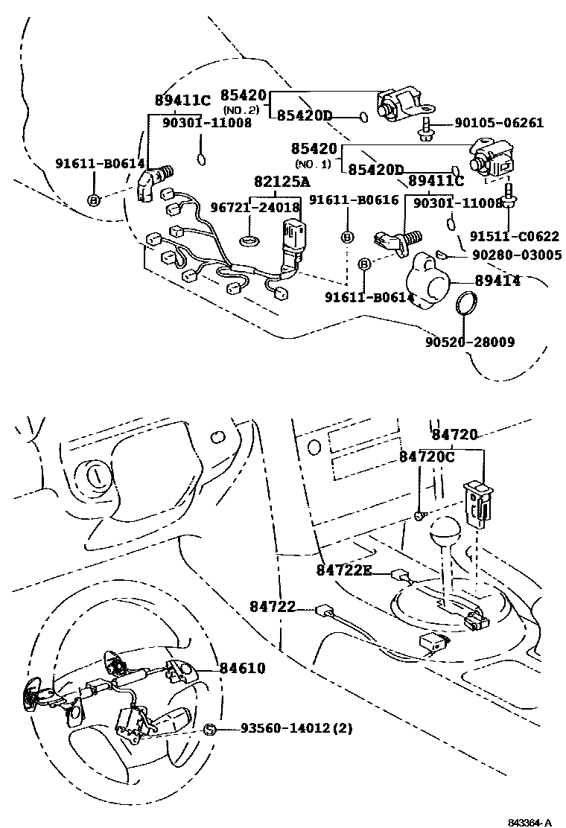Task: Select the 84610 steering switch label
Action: point(242,668)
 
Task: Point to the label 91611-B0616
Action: point(354,200)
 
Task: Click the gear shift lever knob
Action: point(445,534)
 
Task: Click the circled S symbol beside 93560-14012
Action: point(209,729)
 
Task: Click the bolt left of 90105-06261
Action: point(427,128)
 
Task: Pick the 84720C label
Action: point(426,456)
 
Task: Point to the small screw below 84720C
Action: point(421,515)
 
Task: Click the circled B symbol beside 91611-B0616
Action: point(347,237)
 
